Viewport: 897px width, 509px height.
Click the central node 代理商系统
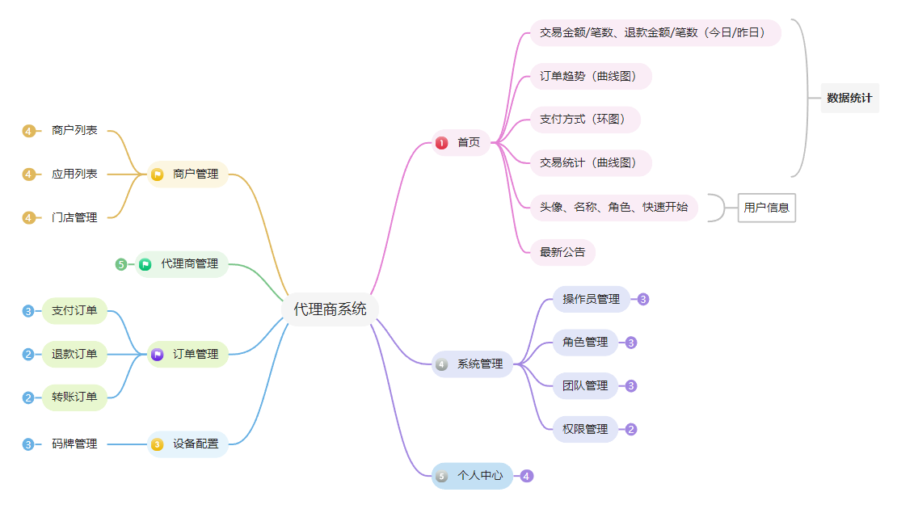click(330, 309)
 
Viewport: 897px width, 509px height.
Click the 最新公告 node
click(562, 252)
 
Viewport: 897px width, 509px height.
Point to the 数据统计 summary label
click(849, 99)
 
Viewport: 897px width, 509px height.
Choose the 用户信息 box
click(766, 208)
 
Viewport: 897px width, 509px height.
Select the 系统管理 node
click(473, 364)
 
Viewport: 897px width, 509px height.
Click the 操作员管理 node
click(591, 299)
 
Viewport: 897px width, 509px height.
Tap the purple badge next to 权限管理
click(631, 430)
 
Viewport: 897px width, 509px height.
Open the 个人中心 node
click(472, 476)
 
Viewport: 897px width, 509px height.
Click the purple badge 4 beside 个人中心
click(527, 476)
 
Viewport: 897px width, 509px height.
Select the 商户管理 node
click(187, 174)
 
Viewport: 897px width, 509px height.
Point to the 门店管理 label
click(74, 217)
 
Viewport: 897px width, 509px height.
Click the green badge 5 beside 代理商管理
click(121, 264)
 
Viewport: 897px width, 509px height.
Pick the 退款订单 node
click(74, 354)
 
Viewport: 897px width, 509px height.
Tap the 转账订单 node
click(74, 397)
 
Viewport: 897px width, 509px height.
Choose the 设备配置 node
click(187, 444)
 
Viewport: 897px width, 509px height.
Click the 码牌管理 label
click(74, 444)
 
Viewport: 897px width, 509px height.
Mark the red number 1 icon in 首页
click(441, 143)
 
